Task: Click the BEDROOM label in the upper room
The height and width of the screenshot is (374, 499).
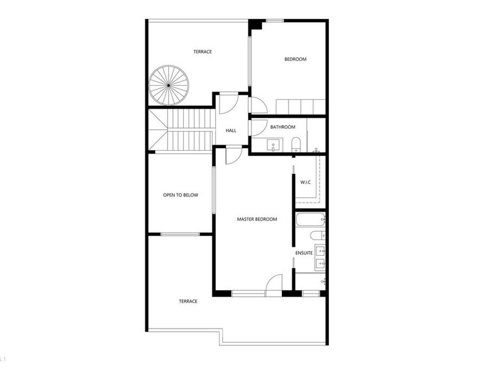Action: (x=296, y=59)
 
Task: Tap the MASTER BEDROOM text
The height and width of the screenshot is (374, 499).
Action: (x=257, y=219)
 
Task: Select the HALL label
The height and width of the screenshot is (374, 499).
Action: (x=231, y=131)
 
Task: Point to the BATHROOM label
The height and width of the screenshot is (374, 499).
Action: (x=283, y=127)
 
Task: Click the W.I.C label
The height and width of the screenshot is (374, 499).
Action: (x=305, y=182)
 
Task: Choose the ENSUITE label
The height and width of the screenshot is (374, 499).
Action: (x=304, y=253)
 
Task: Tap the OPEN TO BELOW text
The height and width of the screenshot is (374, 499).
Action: (x=181, y=195)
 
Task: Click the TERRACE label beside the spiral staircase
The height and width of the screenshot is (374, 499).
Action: (x=203, y=51)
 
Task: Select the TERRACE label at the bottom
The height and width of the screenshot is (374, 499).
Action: (x=188, y=301)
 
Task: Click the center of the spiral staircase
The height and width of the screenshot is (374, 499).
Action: (x=169, y=85)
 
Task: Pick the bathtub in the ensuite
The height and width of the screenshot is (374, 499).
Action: (x=311, y=219)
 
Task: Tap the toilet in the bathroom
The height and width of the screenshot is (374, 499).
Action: (x=296, y=144)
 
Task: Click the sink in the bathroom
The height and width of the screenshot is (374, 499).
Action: (x=274, y=145)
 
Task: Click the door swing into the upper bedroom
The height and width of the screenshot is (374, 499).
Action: (x=259, y=105)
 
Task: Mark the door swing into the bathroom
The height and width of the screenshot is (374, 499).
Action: (x=259, y=128)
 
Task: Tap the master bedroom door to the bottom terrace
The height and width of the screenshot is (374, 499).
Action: (x=274, y=283)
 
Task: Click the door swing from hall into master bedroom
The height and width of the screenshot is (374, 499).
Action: (x=234, y=156)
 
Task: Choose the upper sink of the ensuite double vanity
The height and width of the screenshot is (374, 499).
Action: (x=320, y=251)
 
